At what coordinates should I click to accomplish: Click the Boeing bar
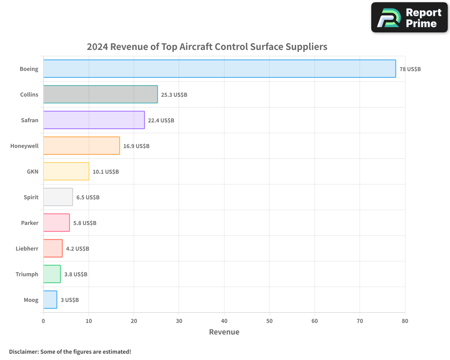pyautogui.click(x=220, y=69)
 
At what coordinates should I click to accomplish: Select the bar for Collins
pyautogui.click(x=100, y=94)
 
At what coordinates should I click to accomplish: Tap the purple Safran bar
pyautogui.click(x=94, y=120)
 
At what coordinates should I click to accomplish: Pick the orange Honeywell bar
pyautogui.click(x=81, y=146)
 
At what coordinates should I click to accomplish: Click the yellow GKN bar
pyautogui.click(x=66, y=171)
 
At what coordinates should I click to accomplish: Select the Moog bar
pyautogui.click(x=50, y=300)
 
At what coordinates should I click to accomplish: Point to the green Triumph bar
pyautogui.click(x=52, y=274)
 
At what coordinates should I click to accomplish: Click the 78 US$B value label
pyautogui.click(x=410, y=69)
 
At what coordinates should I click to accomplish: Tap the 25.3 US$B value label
pyautogui.click(x=174, y=95)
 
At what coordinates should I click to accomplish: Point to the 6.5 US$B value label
pyautogui.click(x=88, y=198)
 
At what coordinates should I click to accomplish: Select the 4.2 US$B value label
pyautogui.click(x=77, y=249)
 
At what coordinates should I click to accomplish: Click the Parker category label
pyautogui.click(x=30, y=223)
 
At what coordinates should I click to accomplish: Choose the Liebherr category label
pyautogui.click(x=27, y=249)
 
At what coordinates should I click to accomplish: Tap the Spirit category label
pyautogui.click(x=31, y=198)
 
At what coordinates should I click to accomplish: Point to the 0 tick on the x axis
pyautogui.click(x=43, y=321)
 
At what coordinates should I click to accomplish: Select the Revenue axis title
pyautogui.click(x=224, y=332)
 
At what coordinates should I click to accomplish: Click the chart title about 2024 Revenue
pyautogui.click(x=207, y=47)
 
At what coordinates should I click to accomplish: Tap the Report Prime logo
pyautogui.click(x=409, y=18)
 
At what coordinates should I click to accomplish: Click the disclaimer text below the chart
pyautogui.click(x=70, y=352)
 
